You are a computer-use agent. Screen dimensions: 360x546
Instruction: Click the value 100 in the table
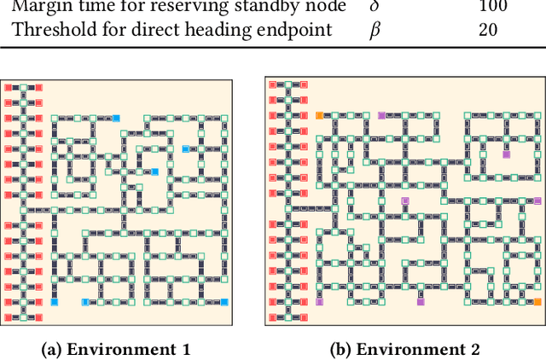point(492,7)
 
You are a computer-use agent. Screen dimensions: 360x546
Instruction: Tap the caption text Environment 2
point(418,349)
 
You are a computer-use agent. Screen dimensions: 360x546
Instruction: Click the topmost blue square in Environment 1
point(117,118)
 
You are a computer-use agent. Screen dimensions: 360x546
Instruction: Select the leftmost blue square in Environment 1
point(55,302)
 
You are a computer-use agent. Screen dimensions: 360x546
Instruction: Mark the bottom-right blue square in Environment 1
point(224,302)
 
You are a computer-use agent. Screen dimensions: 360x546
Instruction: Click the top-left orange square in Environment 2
point(319,115)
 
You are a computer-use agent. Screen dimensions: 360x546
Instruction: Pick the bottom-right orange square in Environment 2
point(537,302)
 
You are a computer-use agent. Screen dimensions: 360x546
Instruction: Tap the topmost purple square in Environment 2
point(381,115)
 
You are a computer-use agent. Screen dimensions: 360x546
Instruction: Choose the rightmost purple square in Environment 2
point(506,154)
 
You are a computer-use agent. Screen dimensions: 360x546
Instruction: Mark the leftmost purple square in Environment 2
point(319,302)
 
